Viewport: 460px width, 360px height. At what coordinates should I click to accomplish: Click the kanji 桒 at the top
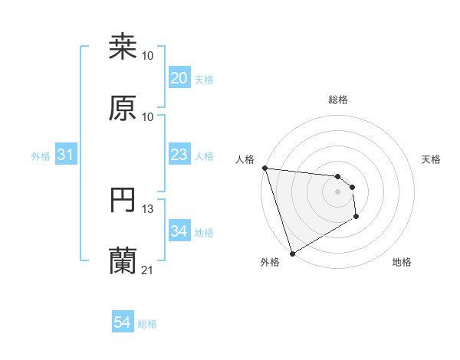(123, 47)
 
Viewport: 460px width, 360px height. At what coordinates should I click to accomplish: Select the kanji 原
(123, 108)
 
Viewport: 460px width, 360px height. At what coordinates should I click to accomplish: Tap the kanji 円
(123, 201)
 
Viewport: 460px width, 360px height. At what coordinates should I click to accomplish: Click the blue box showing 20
(179, 78)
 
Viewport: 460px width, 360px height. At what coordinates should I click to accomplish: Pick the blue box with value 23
(179, 155)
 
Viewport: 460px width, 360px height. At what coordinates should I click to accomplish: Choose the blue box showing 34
(179, 231)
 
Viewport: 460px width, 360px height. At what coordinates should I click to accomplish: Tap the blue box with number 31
(66, 155)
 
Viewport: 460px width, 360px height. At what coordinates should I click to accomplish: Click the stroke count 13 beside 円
(148, 209)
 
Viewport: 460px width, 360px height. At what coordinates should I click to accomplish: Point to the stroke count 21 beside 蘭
(148, 270)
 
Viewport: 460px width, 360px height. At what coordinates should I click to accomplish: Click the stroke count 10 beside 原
(148, 116)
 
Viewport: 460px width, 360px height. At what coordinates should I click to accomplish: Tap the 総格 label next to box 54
(147, 324)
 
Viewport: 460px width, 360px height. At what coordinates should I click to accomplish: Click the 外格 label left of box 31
(41, 155)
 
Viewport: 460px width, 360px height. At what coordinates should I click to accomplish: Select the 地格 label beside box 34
(204, 232)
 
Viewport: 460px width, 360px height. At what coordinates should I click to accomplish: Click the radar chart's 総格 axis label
(338, 100)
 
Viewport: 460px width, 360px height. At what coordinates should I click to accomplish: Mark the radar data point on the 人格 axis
(264, 168)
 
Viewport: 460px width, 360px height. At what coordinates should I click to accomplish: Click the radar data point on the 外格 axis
(292, 253)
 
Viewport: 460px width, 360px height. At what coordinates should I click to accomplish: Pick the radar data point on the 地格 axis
(356, 217)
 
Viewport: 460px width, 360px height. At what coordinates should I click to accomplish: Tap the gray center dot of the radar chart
(338, 191)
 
